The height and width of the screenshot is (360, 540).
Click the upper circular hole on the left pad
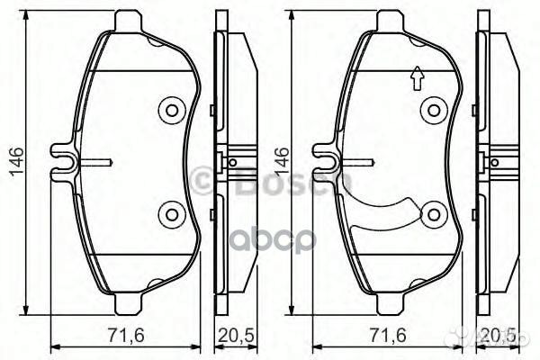coord(170,111)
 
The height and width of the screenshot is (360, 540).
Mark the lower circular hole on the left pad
coord(170,214)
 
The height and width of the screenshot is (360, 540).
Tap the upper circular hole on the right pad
coord(435,111)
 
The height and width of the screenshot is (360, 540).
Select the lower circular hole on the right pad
coord(435,214)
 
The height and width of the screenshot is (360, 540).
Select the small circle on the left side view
coord(232,162)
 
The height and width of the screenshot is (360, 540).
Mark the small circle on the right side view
coord(495,162)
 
